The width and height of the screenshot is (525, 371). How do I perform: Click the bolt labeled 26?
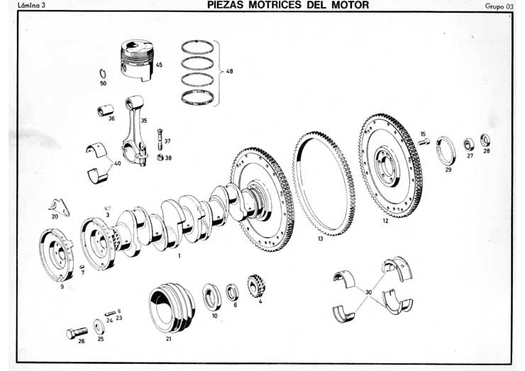[75, 333]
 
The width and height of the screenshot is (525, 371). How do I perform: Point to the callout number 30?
[367, 291]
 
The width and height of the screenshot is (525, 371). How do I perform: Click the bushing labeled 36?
[108, 110]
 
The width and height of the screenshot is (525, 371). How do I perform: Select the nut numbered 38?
[160, 157]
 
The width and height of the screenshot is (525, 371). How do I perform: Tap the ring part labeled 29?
[447, 151]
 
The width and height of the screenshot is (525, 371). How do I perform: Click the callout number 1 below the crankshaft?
[180, 255]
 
